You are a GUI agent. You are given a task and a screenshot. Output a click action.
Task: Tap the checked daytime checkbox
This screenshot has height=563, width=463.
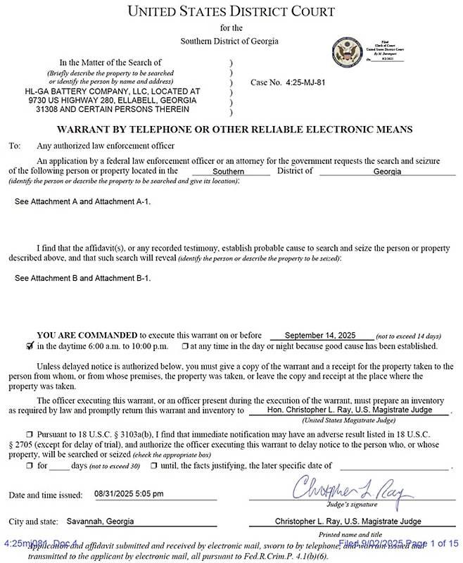click(x=29, y=346)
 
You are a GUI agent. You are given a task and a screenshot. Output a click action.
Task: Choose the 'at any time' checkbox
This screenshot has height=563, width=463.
click(x=184, y=346)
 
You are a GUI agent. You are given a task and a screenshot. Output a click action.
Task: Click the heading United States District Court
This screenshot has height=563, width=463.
click(x=231, y=12)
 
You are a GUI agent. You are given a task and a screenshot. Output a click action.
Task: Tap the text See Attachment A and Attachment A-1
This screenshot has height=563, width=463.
click(x=82, y=201)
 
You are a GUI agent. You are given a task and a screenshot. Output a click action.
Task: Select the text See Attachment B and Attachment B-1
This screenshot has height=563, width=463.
click(x=82, y=278)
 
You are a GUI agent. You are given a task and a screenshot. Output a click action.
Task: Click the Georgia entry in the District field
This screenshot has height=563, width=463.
click(x=387, y=171)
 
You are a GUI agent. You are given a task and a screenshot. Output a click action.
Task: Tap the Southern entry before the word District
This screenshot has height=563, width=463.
click(x=229, y=171)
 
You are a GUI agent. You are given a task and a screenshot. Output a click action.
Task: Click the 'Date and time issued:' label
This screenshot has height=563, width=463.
click(x=45, y=495)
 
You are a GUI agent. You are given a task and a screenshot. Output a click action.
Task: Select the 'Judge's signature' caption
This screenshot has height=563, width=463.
click(x=348, y=505)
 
